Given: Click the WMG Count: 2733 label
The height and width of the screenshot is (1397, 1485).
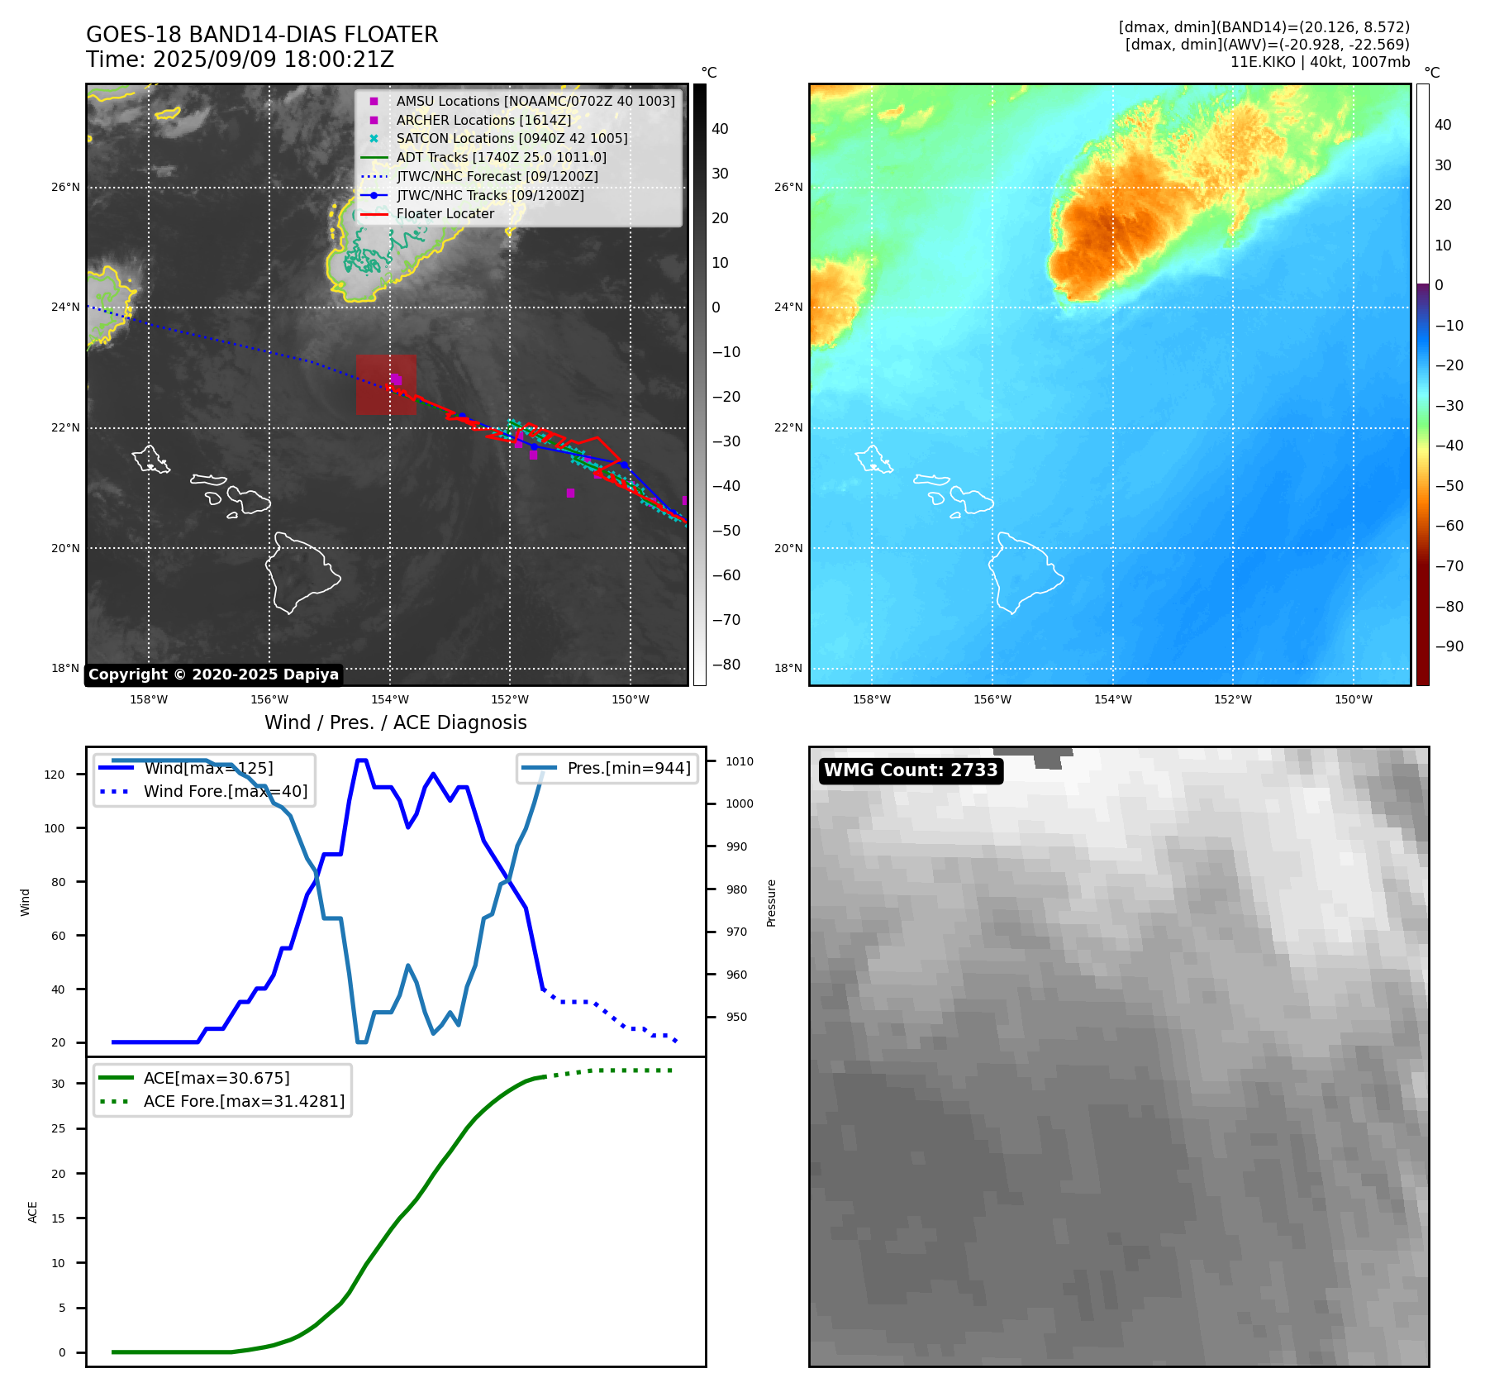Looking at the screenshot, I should pyautogui.click(x=911, y=770).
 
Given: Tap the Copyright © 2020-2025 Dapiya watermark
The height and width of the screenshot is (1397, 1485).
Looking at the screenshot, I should pyautogui.click(x=213, y=675).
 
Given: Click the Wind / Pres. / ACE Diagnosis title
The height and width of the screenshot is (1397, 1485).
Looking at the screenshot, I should pyautogui.click(x=395, y=722).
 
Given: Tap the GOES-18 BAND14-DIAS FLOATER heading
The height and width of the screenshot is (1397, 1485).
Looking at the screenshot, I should pyautogui.click(x=262, y=35).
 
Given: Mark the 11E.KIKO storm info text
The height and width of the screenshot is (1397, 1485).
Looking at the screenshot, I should pyautogui.click(x=1320, y=62).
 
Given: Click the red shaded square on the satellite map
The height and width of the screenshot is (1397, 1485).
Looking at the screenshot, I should pyautogui.click(x=386, y=385).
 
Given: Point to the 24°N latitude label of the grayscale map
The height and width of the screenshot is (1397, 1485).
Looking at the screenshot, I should pyautogui.click(x=66, y=308).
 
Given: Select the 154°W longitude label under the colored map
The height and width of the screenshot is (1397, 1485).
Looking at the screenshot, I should pyautogui.click(x=1112, y=699).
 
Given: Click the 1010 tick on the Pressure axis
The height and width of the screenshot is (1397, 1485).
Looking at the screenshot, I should pyautogui.click(x=740, y=761).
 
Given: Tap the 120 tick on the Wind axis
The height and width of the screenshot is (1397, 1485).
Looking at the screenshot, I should pyautogui.click(x=55, y=775).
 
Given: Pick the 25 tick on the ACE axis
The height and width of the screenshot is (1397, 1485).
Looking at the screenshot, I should pyautogui.click(x=58, y=1128).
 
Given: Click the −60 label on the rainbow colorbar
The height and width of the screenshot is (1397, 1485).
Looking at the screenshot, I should pyautogui.click(x=1449, y=526).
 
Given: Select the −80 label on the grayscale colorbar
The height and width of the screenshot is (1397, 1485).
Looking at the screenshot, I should pyautogui.click(x=726, y=665).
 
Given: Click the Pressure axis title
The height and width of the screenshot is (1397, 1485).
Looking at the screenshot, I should pyautogui.click(x=771, y=903).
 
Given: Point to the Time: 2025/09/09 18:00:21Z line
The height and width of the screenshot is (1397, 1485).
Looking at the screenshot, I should pyautogui.click(x=240, y=60).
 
